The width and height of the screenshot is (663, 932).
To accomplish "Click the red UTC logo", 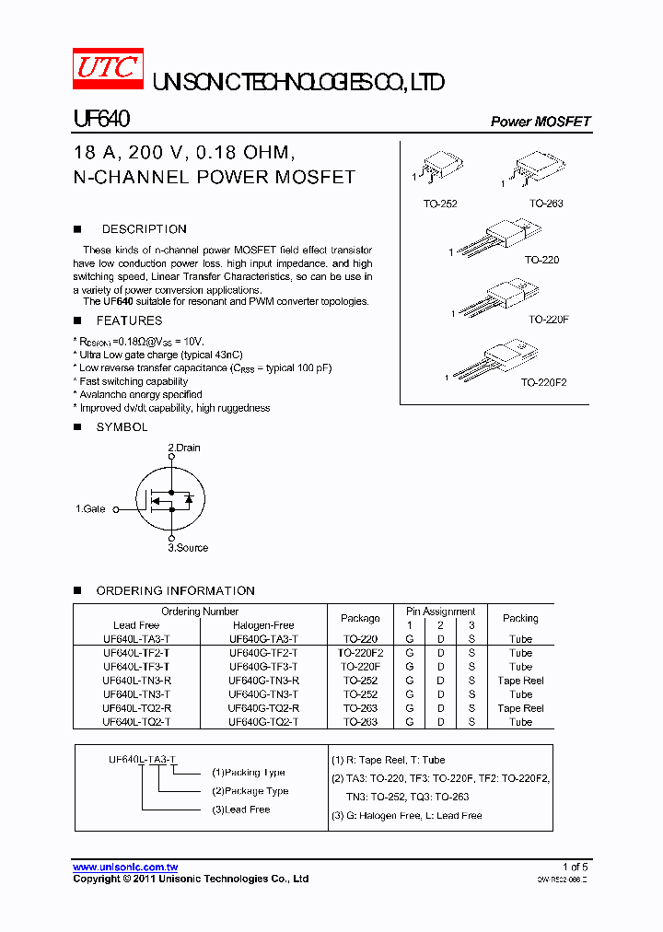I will point(109,67).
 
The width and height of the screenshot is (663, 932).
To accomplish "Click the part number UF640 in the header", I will point(100,120).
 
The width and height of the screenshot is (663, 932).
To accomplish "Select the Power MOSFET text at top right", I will point(540,122).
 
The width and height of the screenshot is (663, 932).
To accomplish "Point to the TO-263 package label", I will point(546,204).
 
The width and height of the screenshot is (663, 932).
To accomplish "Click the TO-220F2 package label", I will point(543,381).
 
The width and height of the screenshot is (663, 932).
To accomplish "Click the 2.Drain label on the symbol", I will point(184,448).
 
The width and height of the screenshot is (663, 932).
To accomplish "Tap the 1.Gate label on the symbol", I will point(90,508).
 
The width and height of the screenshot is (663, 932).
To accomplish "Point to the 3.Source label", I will point(188,548).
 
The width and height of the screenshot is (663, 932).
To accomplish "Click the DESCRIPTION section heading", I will point(144,229).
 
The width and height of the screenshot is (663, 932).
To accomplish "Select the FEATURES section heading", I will point(129,320).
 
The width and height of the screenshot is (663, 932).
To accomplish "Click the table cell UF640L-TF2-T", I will point(136,653).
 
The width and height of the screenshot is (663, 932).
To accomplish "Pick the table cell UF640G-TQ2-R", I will point(263,708).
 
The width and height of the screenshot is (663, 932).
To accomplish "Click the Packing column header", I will point(520,618).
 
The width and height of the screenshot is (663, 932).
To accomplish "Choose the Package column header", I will point(360,618).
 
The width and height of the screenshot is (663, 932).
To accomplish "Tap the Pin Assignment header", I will point(440,612).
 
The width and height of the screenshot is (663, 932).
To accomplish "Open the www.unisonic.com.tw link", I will point(125,867).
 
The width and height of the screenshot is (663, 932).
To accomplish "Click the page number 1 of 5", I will point(575,867).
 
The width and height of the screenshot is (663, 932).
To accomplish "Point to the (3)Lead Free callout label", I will point(240,810).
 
